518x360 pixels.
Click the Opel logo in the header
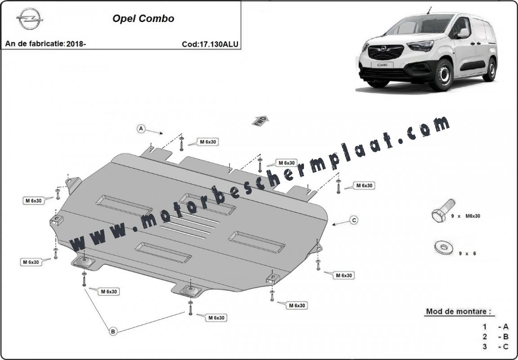[29, 18]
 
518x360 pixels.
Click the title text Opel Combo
[143, 18]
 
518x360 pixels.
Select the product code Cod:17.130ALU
[210, 44]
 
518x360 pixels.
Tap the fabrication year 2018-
[76, 44]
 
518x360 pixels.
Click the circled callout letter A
[141, 129]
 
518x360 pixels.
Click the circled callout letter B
[113, 331]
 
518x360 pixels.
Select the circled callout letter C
[354, 220]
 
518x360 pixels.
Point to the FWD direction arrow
[260, 121]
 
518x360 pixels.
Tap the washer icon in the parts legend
[444, 248]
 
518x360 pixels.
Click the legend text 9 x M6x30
[465, 216]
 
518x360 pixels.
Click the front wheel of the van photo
[442, 75]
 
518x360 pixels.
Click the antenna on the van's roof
[429, 10]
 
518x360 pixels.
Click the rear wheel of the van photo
[491, 70]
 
